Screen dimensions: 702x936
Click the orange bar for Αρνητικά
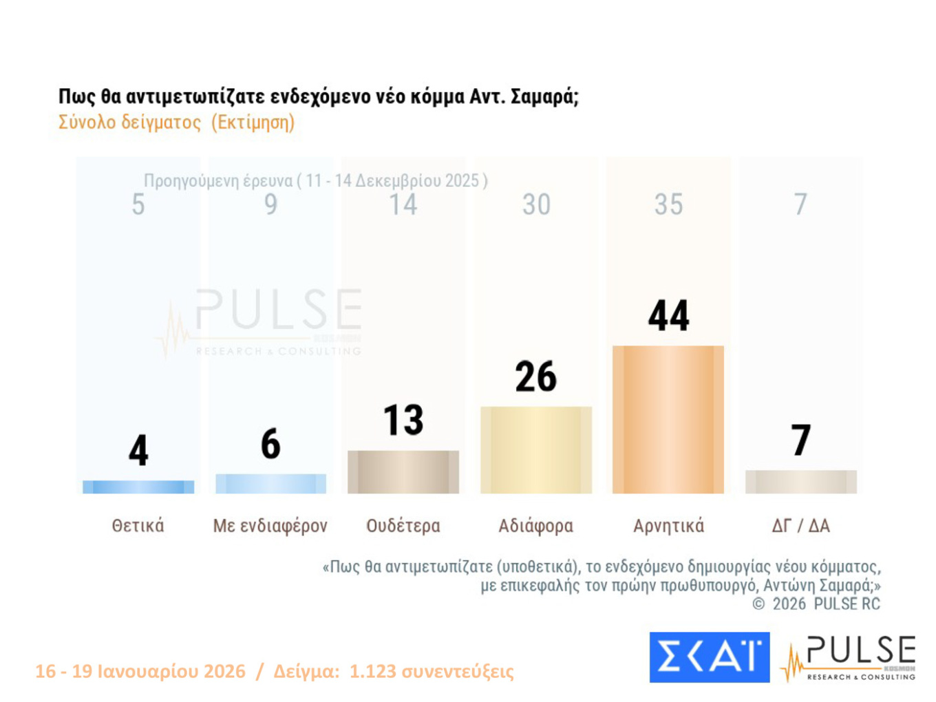click(668, 419)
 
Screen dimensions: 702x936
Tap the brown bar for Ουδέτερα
click(403, 471)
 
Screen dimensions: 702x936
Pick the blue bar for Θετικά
click(138, 487)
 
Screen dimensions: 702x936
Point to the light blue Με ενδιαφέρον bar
click(270, 483)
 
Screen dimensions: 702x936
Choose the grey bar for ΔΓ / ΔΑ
click(800, 482)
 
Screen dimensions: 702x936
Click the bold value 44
click(668, 316)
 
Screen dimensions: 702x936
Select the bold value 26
click(535, 376)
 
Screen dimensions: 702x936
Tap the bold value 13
click(403, 420)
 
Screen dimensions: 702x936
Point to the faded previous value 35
click(668, 204)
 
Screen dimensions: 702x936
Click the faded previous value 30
click(535, 204)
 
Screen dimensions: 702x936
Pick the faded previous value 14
click(403, 204)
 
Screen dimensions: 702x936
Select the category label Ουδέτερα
click(403, 526)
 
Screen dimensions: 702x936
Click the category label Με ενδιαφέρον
click(270, 526)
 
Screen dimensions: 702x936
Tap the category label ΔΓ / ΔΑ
click(800, 526)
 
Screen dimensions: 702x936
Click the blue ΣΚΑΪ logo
click(709, 657)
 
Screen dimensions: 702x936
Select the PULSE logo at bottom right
click(850, 658)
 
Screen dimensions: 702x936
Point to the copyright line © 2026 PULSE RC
click(816, 604)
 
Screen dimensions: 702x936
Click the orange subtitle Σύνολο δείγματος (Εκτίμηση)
click(176, 123)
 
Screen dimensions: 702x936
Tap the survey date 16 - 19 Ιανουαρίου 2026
click(140, 671)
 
